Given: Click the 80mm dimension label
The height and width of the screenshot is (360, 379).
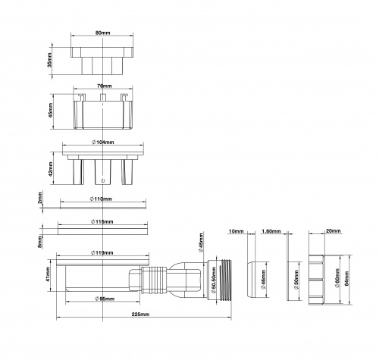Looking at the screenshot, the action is click(102, 33).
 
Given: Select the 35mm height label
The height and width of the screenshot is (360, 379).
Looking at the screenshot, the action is click(50, 60).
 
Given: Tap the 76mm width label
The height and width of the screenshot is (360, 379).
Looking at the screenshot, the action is click(105, 86).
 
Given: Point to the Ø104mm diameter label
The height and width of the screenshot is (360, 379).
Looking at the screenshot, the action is click(102, 142).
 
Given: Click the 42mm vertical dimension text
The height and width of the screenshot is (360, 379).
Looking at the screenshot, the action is click(51, 169).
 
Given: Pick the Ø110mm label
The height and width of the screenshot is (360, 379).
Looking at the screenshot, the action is click(101, 199).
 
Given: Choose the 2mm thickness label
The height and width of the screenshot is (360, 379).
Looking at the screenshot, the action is click(39, 198).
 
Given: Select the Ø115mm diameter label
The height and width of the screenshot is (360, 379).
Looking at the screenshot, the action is click(102, 222).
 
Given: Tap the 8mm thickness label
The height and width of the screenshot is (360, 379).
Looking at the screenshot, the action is click(40, 242).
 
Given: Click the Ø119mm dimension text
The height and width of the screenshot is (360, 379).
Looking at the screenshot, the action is click(102, 252).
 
